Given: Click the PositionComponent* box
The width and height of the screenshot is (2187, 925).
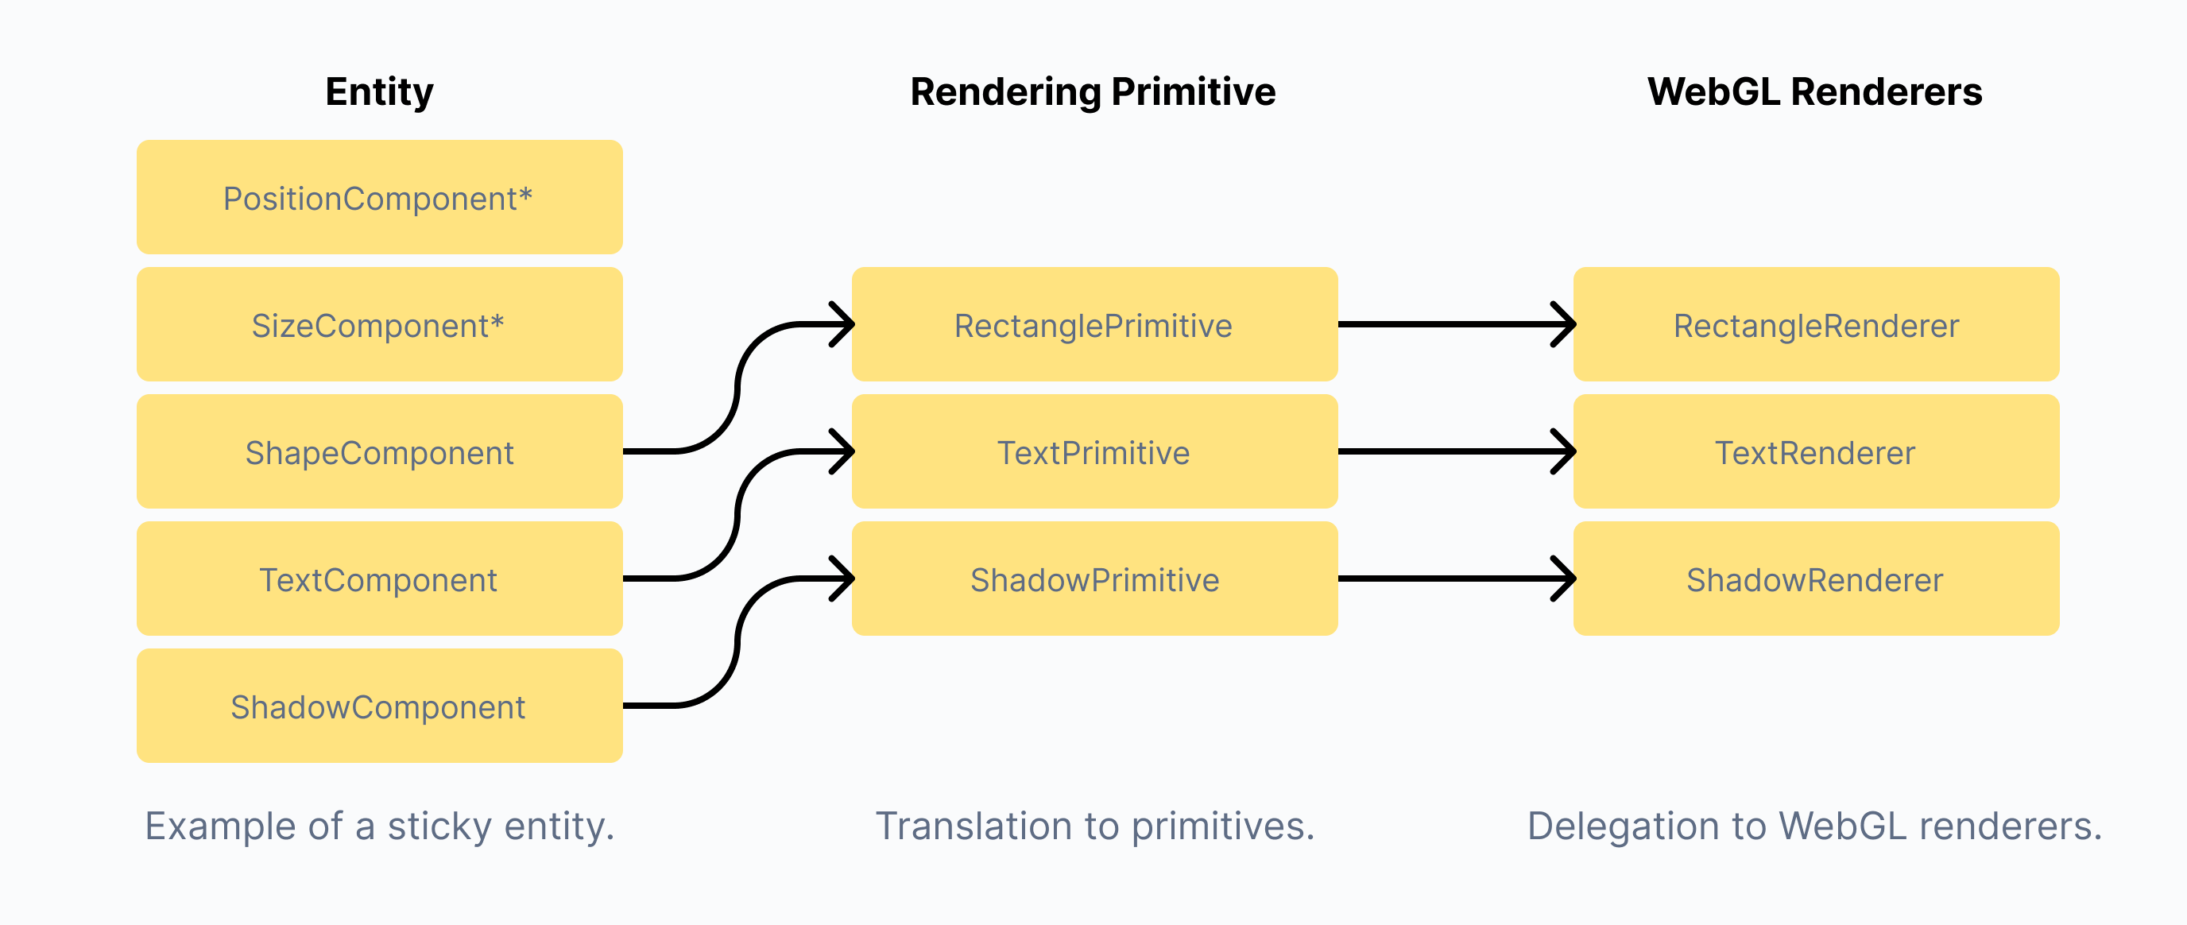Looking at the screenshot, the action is point(380,197).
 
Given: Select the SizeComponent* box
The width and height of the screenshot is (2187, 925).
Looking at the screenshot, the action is point(380,324).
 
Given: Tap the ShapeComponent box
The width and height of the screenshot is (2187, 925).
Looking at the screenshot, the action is point(380,451).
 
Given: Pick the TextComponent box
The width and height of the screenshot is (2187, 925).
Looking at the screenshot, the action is point(380,579).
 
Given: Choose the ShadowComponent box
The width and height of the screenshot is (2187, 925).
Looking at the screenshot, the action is point(380,706).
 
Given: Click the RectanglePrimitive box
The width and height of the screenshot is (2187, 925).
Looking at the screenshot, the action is point(1094,324).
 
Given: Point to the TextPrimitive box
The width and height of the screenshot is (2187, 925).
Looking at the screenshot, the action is point(1094,451).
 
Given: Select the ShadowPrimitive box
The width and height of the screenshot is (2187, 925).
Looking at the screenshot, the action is point(1094,579).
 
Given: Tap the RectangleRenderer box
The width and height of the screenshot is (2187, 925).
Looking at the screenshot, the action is point(1816,324).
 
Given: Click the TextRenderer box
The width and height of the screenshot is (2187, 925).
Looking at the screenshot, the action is point(1816,451).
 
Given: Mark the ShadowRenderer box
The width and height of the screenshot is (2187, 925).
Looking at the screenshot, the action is point(1816,579).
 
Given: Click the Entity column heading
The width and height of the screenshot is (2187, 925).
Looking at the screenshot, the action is point(380,91).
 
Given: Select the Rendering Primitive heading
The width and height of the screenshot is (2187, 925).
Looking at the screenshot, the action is point(1093,91).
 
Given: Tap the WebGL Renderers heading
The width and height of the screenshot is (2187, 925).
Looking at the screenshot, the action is point(1814,91).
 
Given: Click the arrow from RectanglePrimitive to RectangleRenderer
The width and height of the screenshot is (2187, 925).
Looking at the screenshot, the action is point(1457,324).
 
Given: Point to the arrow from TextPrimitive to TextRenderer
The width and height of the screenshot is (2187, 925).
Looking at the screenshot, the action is point(1457,451).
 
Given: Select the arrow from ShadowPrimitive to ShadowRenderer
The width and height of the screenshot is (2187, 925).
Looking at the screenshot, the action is point(1457,579).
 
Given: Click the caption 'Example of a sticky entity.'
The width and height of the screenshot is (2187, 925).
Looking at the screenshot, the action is point(380,826).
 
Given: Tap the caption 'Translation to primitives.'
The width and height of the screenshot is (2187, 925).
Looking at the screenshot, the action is point(1095,826).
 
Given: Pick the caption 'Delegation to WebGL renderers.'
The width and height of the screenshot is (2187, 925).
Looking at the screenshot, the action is point(1815,826).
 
